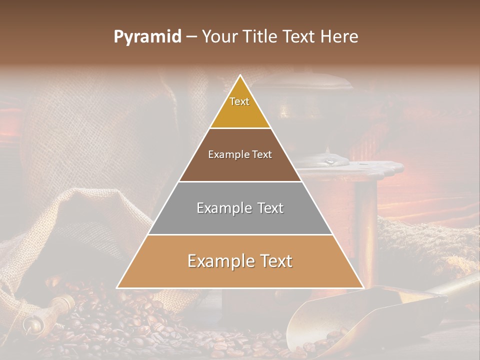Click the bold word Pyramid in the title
[x=147, y=37]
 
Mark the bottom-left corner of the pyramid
[x=117, y=288]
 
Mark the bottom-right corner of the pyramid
[x=363, y=288]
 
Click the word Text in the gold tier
[x=239, y=101]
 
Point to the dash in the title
[x=191, y=37]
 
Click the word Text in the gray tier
[x=269, y=208]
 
